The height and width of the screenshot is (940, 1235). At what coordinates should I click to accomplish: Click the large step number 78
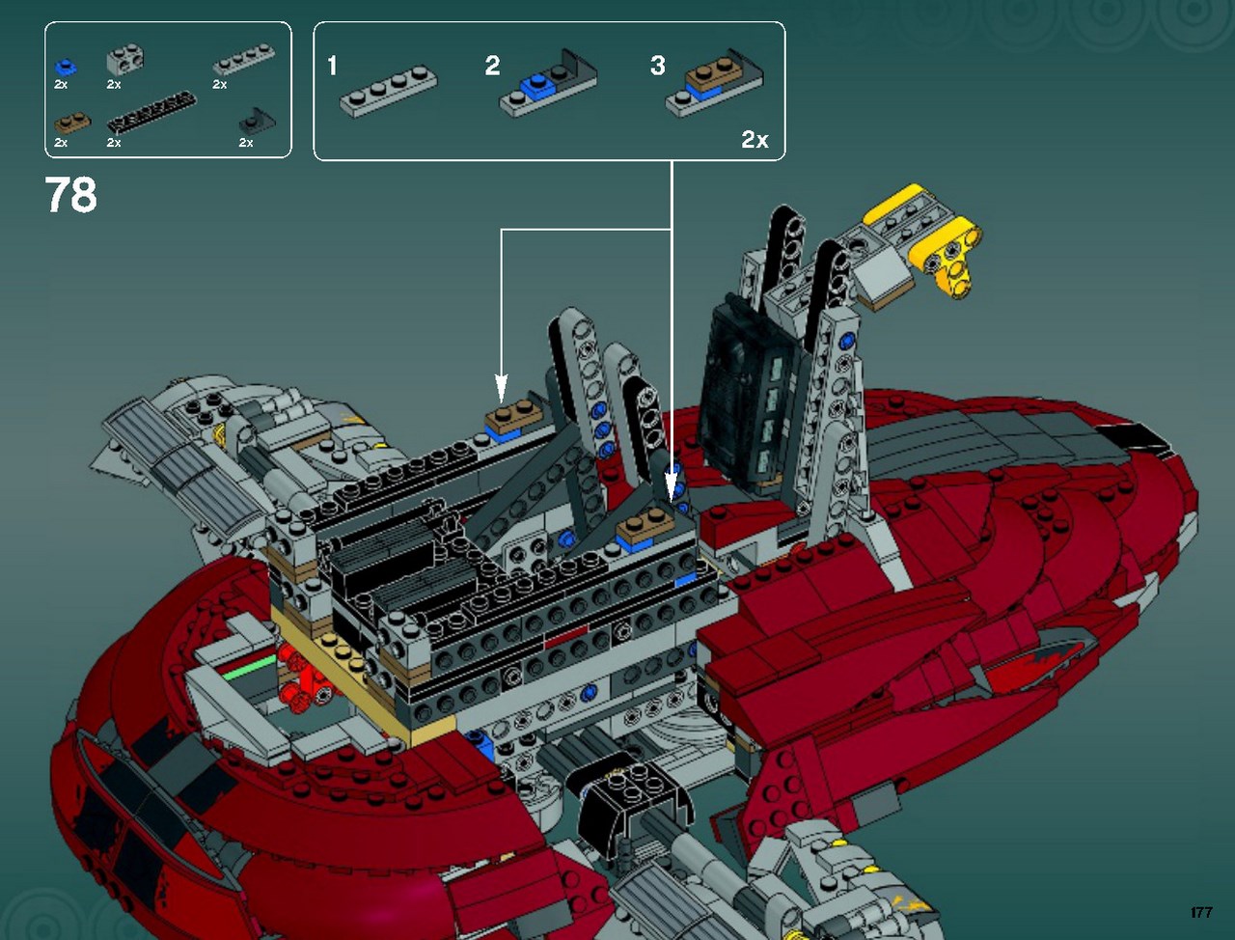pos(70,194)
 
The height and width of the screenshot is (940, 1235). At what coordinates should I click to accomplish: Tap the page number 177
pos(1201,912)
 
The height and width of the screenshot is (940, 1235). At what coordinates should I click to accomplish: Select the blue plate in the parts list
pos(66,67)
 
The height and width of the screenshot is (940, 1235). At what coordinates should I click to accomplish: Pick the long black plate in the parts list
pos(151,112)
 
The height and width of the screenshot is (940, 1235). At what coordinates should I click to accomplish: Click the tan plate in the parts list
pos(72,123)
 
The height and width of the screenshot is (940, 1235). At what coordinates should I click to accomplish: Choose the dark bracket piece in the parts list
pos(257,122)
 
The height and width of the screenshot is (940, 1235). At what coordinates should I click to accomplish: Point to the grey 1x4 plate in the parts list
pos(244,60)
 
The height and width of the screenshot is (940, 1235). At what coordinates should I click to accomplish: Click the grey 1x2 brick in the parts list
pos(124,60)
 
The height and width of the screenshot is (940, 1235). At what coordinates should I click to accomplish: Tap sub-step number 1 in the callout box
pos(333,66)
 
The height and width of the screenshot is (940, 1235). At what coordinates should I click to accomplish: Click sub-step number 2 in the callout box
pos(492,66)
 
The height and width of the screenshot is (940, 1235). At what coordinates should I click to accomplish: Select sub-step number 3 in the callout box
pos(657,66)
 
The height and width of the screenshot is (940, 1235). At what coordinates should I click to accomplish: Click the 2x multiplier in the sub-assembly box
pos(755,139)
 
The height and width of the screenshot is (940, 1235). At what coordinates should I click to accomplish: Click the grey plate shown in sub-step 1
pos(388,92)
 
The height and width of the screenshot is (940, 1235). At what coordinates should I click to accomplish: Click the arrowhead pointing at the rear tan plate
pos(502,389)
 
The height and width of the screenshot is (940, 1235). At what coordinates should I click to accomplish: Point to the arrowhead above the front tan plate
pos(671,487)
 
